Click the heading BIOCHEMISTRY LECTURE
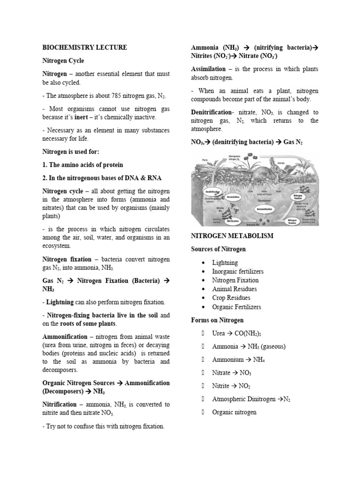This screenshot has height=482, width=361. pyautogui.click(x=85, y=48)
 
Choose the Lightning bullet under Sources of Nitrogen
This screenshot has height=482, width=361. pyautogui.click(x=225, y=263)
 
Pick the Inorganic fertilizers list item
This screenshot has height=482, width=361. pyautogui.click(x=238, y=272)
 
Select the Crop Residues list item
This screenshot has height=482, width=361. pyautogui.click(x=231, y=298)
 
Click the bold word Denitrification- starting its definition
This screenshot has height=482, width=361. pyautogui.click(x=212, y=112)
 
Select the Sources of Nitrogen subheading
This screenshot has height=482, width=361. pyautogui.click(x=219, y=249)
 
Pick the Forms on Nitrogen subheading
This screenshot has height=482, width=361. pyautogui.click(x=217, y=320)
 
